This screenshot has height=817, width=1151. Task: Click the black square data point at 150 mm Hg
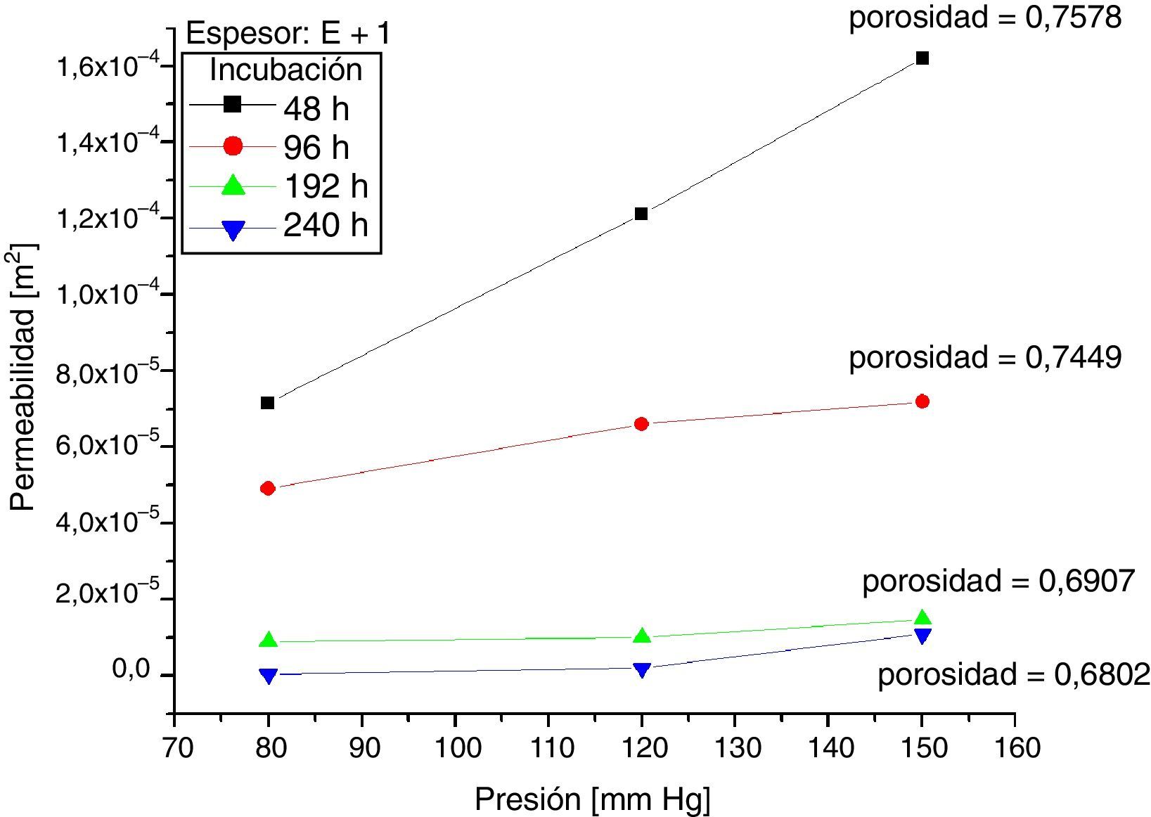[x=922, y=58]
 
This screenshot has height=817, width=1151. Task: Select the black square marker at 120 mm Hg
[x=641, y=214]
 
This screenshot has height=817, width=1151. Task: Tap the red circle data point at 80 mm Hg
[x=267, y=488]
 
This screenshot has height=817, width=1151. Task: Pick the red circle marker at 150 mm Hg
[x=922, y=401]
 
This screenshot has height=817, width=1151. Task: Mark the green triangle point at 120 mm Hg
[x=641, y=636]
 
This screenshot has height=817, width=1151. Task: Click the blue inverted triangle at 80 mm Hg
[x=267, y=676]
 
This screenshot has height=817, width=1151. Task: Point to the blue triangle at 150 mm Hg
[x=922, y=636]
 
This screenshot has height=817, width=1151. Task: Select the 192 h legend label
[x=326, y=186]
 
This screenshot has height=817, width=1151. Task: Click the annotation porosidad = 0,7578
[x=985, y=18]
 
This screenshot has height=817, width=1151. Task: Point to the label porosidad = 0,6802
[x=1014, y=675]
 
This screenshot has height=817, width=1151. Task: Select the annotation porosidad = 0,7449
[x=985, y=358]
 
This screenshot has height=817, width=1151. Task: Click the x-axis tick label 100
[x=456, y=747]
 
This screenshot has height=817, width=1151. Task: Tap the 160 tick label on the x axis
[x=1014, y=747]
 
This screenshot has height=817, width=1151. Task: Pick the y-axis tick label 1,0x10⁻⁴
[x=106, y=295]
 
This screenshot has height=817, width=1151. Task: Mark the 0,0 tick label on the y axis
[x=131, y=670]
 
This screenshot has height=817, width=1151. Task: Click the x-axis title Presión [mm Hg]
[x=592, y=800]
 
